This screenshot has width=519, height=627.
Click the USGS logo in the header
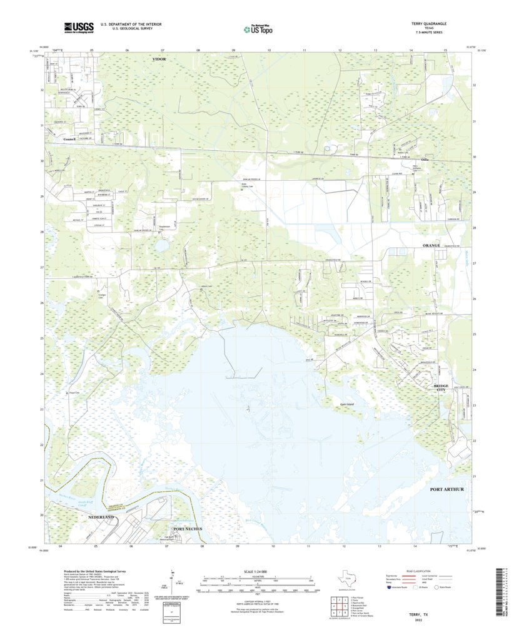click(78, 27)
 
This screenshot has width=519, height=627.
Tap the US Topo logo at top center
click(258, 28)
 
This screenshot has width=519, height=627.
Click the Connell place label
click(69, 139)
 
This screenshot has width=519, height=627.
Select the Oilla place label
click(425, 160)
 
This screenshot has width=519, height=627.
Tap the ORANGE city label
click(431, 246)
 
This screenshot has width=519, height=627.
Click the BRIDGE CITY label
click(441, 388)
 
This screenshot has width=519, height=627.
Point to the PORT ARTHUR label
click(446, 489)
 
